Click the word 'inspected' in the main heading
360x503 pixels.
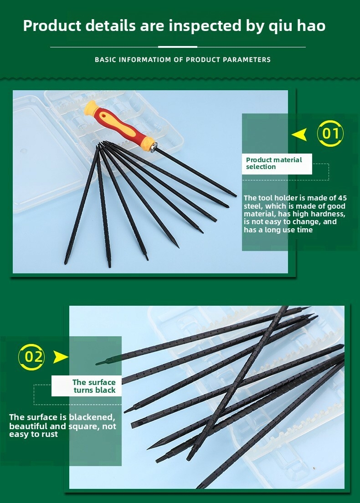pyautogui.click(x=205, y=26)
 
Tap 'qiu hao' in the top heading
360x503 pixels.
pyautogui.click(x=297, y=26)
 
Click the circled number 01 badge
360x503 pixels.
pyautogui.click(x=330, y=133)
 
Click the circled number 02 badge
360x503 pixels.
pyautogui.click(x=31, y=357)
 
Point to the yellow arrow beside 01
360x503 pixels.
pyautogui.click(x=299, y=135)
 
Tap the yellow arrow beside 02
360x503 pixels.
pyautogui.click(x=61, y=357)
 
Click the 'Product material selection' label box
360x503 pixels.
pyautogui.click(x=277, y=164)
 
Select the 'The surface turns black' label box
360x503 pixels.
pyautogui.click(x=87, y=386)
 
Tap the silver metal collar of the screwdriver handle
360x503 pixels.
pyautogui.click(x=154, y=147)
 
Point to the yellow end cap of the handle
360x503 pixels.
pyautogui.click(x=90, y=107)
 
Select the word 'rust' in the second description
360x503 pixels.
pyautogui.click(x=51, y=434)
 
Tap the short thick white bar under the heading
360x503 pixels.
pyautogui.click(x=178, y=47)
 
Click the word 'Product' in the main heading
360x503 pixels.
pyautogui.click(x=52, y=26)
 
